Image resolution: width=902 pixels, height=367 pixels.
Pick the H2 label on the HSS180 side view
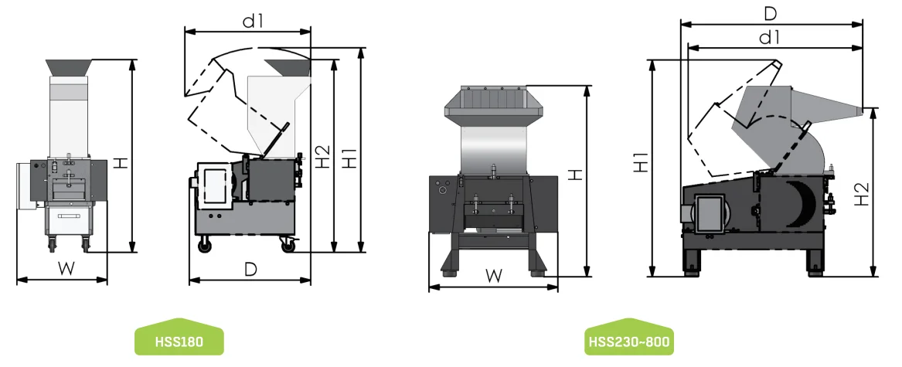point(321,157)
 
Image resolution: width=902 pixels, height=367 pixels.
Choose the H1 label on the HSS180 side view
point(349,157)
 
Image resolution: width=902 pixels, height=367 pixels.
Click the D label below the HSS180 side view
point(250,269)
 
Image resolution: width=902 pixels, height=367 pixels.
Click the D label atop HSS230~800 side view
point(771,13)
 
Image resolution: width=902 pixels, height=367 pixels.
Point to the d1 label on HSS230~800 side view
point(768,36)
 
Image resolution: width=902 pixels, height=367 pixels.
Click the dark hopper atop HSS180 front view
point(70,67)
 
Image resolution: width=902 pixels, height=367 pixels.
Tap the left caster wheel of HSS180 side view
point(206,246)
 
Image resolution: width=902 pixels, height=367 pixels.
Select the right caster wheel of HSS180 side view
point(288,246)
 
